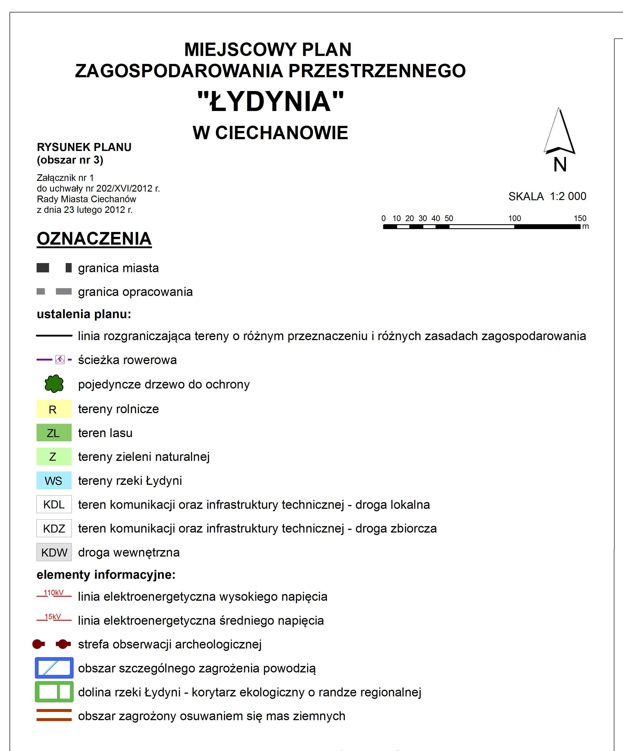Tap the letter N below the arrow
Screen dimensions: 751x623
point(560,165)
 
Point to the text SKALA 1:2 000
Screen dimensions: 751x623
point(547,196)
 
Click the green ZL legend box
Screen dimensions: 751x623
point(54,433)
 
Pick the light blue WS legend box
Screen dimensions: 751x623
point(54,481)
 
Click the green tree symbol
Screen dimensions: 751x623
point(54,384)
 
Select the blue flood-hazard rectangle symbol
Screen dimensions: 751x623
point(54,668)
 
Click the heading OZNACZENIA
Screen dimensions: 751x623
point(94,239)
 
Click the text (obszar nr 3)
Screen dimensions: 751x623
point(70,160)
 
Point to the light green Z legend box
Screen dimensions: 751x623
point(54,457)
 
